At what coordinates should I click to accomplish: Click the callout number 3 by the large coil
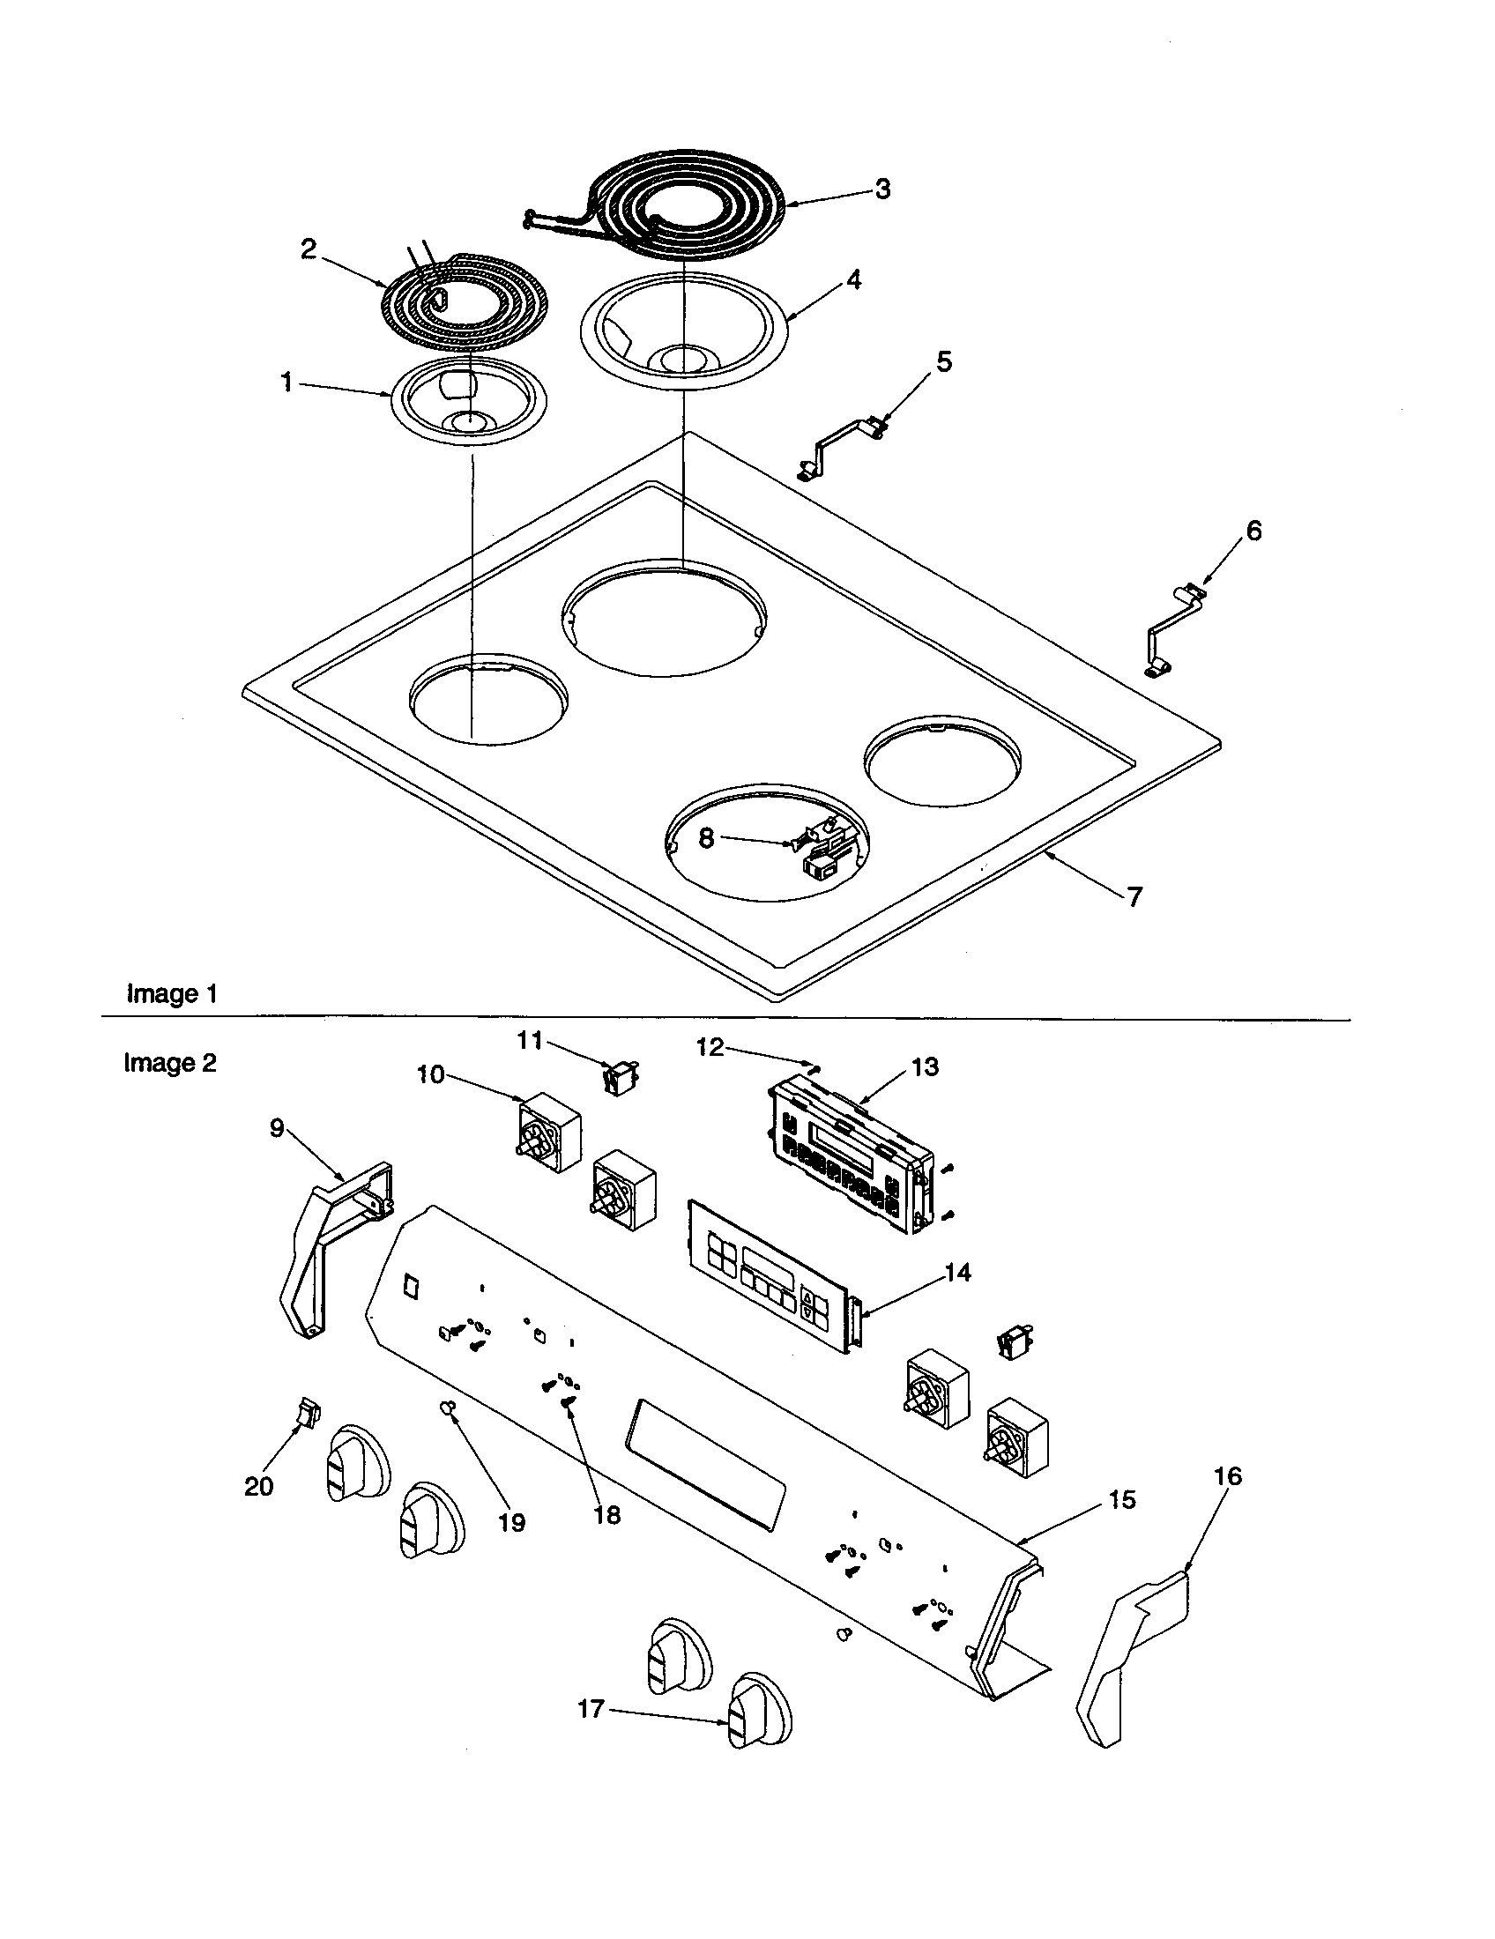(x=881, y=189)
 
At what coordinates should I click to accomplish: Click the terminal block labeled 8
(x=825, y=854)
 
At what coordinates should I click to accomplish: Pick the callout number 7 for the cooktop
(x=1134, y=896)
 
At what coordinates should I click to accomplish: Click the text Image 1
(x=172, y=993)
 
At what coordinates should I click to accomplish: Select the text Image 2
(x=169, y=1063)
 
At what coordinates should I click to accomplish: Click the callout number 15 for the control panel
(x=1122, y=1499)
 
